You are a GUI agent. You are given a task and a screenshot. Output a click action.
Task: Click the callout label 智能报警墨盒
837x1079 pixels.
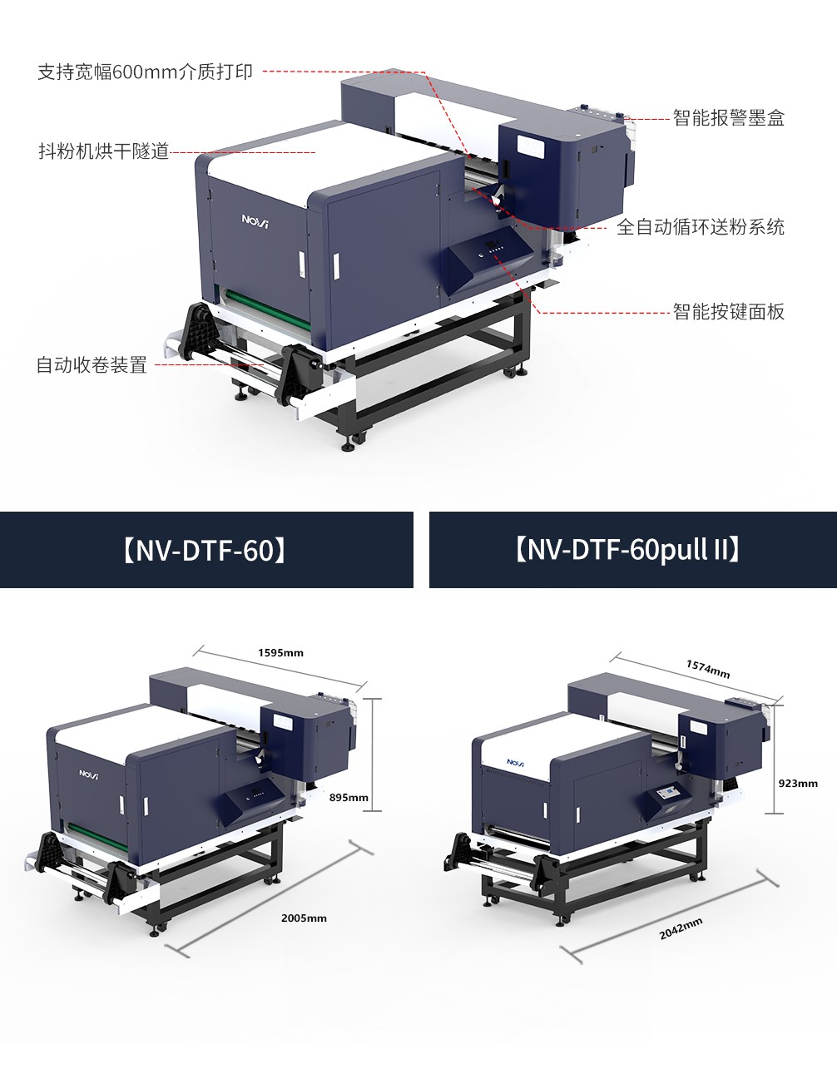[728, 118]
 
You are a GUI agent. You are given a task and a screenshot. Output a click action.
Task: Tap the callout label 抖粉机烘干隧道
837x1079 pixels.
[104, 151]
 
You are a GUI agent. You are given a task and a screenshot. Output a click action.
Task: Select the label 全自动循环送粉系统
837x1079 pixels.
[700, 227]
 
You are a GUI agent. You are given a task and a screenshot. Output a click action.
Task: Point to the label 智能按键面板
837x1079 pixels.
[728, 312]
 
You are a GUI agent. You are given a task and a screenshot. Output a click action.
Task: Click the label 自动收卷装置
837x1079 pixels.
[92, 365]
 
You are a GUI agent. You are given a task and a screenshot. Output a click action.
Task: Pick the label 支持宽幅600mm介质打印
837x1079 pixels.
[145, 72]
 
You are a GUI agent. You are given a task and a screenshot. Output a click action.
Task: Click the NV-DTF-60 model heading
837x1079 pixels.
[206, 551]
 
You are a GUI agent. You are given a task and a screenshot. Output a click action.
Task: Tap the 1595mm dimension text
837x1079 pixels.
[280, 653]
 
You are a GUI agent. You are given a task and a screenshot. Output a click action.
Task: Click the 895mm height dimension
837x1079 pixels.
[349, 797]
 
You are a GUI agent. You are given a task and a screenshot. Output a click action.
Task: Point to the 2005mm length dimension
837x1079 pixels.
[304, 918]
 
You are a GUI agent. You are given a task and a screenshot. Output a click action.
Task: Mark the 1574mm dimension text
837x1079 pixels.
[708, 669]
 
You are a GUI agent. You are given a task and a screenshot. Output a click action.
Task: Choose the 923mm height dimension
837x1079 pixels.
[798, 784]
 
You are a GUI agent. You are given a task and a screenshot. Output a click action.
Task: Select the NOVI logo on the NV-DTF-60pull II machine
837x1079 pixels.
[516, 762]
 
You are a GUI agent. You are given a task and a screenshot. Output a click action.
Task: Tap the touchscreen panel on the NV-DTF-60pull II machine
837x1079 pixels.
[669, 794]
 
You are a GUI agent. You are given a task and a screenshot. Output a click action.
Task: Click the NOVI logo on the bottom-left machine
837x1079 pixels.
[89, 774]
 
